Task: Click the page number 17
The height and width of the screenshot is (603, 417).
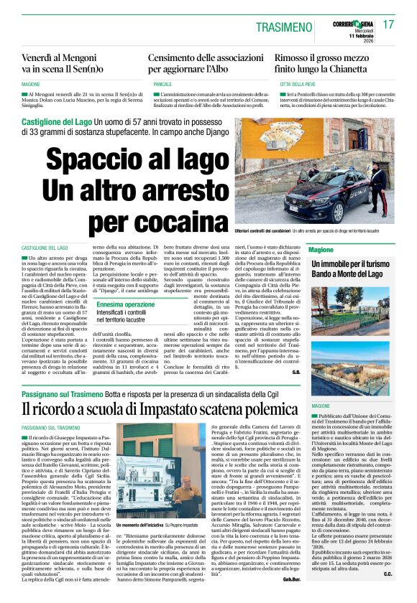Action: click(x=389, y=24)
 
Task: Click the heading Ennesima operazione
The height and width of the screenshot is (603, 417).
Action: click(x=125, y=304)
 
